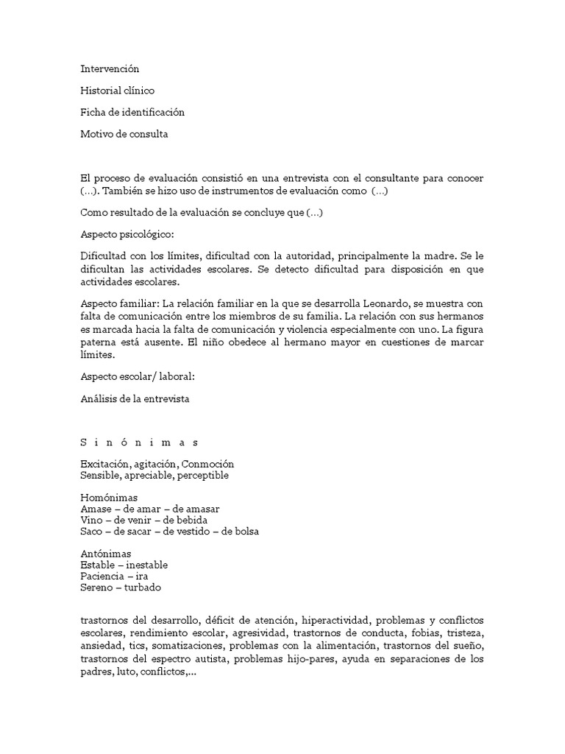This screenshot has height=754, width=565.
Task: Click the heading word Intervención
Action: [110, 68]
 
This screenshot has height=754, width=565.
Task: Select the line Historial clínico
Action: [118, 91]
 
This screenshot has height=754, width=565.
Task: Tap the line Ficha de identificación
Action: [132, 113]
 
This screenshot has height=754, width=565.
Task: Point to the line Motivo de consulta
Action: [124, 134]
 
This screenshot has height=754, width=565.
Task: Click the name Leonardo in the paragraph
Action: [389, 305]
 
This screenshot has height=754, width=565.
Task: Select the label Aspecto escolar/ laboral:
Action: [138, 377]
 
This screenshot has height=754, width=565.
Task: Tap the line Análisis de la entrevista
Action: [135, 399]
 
